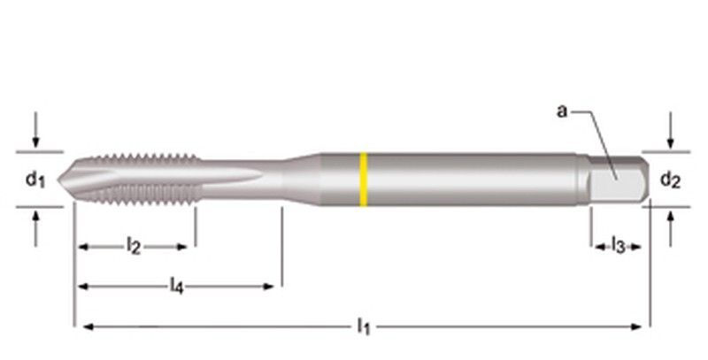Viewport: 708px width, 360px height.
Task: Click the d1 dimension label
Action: (35, 180)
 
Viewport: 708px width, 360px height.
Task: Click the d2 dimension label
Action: (670, 180)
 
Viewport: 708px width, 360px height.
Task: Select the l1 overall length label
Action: (363, 327)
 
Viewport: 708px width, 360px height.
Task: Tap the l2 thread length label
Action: (133, 247)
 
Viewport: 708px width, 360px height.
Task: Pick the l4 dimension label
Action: (176, 286)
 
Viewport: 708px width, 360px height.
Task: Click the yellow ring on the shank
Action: (363, 180)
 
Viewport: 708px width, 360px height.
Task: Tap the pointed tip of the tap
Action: (61, 180)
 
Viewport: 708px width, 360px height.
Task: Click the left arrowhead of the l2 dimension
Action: (82, 247)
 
